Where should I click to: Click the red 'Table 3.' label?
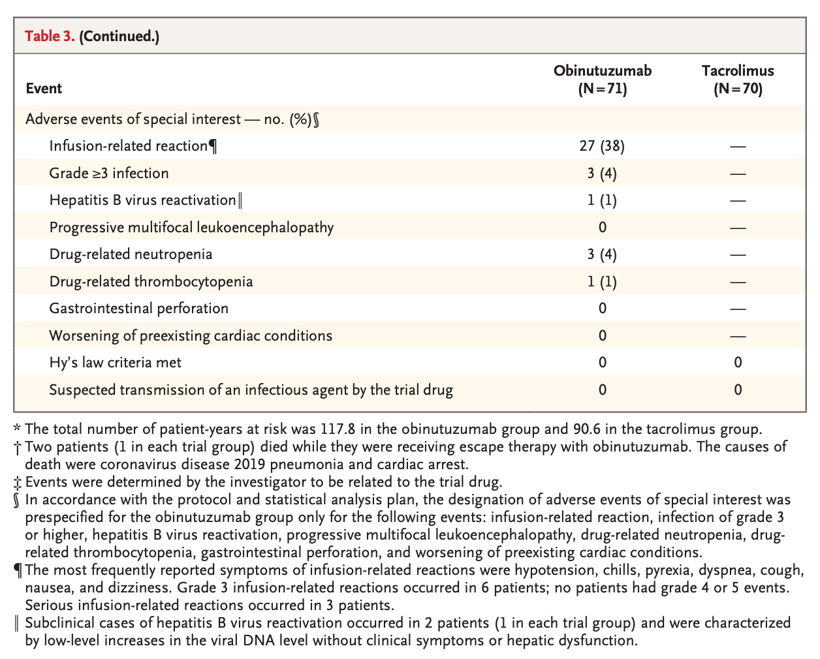[x=50, y=36]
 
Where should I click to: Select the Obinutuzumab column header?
[x=603, y=80]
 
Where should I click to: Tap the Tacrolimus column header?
[x=738, y=80]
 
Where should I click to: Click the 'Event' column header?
[x=44, y=88]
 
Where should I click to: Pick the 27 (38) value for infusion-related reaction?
[x=602, y=146]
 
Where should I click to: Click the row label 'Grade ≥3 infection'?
[x=109, y=174]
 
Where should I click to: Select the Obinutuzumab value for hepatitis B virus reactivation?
[x=602, y=200]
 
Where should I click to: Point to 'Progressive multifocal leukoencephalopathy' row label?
[x=192, y=228]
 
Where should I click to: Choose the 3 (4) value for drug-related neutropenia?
[x=602, y=254]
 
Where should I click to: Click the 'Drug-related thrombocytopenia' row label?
[x=151, y=282]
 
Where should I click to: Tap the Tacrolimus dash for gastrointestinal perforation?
[x=738, y=309]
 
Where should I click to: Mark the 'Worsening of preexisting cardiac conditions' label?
[x=191, y=336]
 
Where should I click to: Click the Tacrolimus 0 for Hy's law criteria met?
[x=738, y=362]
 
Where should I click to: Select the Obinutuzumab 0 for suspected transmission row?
[x=603, y=390]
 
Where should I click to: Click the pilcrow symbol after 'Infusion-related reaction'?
[x=213, y=147]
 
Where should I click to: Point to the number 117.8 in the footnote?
[x=338, y=429]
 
